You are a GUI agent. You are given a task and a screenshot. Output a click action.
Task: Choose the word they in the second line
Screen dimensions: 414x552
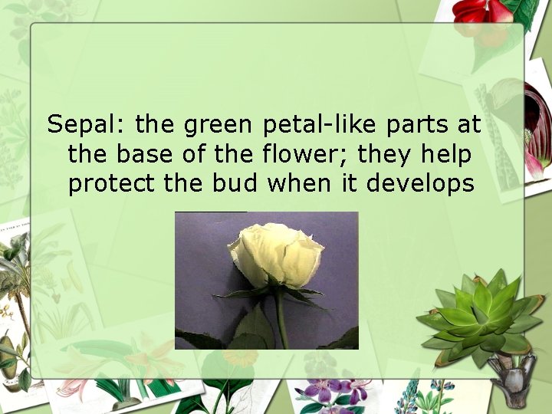386,154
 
